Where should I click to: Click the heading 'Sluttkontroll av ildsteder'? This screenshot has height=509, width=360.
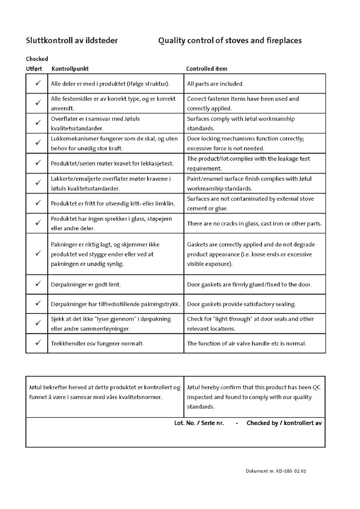[72, 40]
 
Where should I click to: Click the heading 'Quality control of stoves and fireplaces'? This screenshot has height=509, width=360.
[230, 40]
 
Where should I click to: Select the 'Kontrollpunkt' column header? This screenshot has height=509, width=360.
[70, 69]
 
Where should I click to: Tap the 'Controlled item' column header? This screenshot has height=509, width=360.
[206, 69]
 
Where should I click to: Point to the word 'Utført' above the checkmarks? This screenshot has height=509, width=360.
[34, 69]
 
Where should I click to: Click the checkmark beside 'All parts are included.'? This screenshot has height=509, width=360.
[38, 83]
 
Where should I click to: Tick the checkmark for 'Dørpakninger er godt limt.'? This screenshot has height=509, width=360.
[38, 284]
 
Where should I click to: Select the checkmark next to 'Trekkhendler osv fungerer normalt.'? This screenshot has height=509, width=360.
[38, 343]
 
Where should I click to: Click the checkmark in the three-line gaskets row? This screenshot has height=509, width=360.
[38, 254]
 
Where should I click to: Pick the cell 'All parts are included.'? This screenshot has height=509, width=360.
[215, 84]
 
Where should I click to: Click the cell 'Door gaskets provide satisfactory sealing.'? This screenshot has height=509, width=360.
[241, 304]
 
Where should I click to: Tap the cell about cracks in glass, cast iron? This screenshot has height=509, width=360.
[254, 224]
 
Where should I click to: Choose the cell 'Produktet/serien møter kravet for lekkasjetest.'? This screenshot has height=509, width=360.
[112, 164]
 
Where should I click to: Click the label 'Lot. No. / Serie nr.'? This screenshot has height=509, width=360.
[199, 423]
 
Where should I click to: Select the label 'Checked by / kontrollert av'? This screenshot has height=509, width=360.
[284, 423]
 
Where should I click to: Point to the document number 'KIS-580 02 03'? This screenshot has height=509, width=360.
[291, 471]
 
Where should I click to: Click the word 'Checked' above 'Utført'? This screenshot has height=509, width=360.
[37, 59]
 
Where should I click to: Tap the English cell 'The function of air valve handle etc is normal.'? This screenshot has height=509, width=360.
[246, 343]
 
